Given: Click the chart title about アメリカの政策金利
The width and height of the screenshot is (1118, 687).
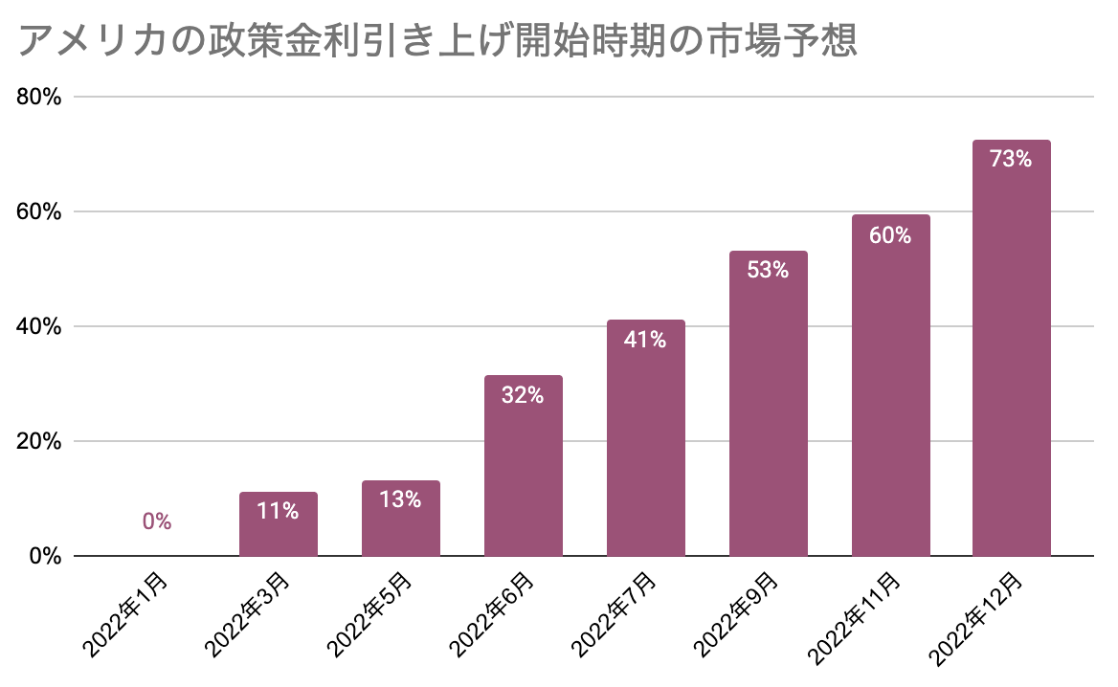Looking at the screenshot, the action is click(x=436, y=40).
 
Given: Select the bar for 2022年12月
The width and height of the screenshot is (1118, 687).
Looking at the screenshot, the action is click(x=1011, y=347).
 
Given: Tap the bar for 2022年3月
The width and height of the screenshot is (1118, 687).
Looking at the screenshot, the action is click(x=279, y=523).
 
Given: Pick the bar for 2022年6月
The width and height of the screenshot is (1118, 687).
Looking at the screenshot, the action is click(x=524, y=465).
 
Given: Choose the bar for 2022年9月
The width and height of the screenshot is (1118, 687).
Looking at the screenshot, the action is click(x=768, y=404).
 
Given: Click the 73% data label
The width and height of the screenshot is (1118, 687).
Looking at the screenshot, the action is click(x=1011, y=158).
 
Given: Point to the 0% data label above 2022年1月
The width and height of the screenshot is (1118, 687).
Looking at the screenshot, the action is click(x=157, y=521).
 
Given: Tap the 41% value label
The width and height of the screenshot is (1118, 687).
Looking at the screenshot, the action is click(x=645, y=340).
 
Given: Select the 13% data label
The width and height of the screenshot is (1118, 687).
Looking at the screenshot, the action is click(x=400, y=499).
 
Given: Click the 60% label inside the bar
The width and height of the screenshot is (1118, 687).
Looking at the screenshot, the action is click(x=890, y=235).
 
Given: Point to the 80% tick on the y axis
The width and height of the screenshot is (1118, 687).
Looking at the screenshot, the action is click(x=38, y=97).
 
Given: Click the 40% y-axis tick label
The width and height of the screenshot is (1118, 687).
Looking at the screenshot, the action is click(x=38, y=326).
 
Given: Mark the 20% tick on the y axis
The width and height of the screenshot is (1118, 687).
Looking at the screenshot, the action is click(x=38, y=441).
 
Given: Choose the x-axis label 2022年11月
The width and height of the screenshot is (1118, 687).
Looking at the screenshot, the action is click(x=854, y=618).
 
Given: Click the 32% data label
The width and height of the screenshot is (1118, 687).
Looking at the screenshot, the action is click(x=523, y=395).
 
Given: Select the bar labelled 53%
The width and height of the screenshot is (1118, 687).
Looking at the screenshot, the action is click(x=768, y=404).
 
